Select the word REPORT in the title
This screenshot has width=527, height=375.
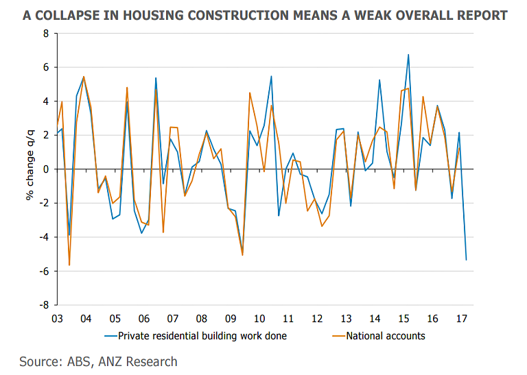coord(481,14)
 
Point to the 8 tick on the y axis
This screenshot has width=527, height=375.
coord(45,34)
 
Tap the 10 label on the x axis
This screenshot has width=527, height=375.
coord(259,319)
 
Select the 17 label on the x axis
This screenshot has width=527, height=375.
coord(462,319)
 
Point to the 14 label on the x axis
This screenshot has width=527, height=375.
coord(375,319)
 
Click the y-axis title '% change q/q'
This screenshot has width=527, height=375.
coord(30,169)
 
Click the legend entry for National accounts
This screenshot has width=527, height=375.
coord(386,336)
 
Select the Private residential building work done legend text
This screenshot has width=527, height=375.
coord(202,336)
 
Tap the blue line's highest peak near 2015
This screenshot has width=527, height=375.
coord(408,55)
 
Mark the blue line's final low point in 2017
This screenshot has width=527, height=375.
coord(467,260)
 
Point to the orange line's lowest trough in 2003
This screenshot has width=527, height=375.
coord(69,265)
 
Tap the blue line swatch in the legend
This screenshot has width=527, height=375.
coord(110,336)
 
